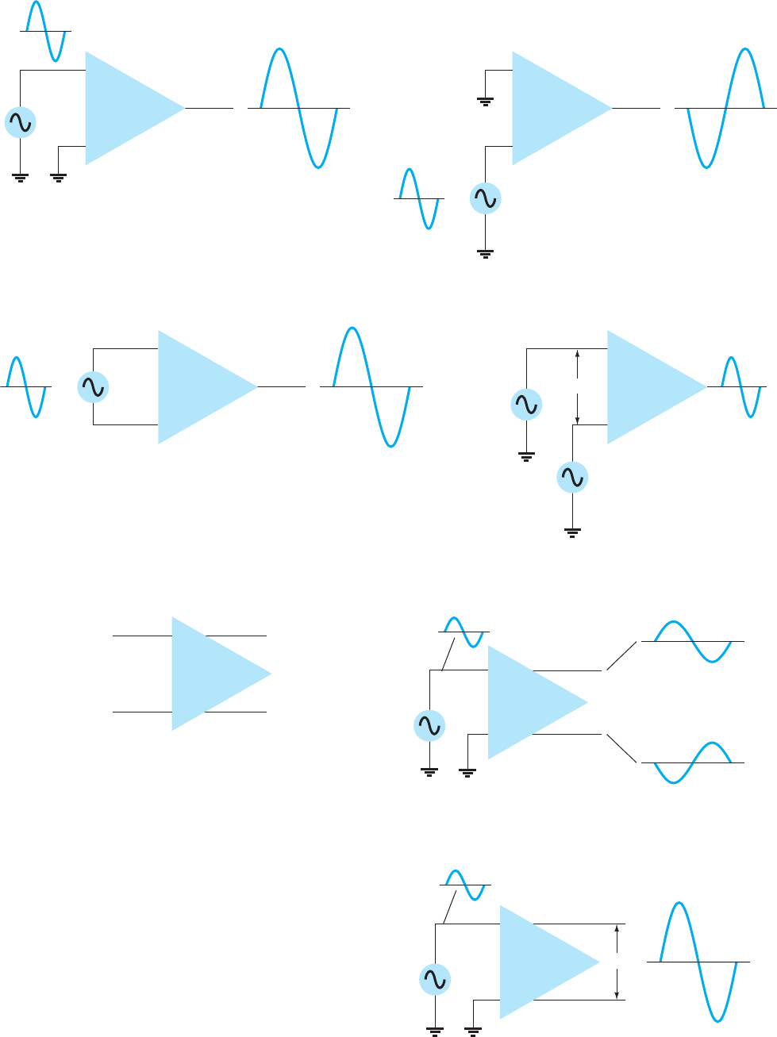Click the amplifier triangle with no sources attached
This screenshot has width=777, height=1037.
click(x=214, y=674)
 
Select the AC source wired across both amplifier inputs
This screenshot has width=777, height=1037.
click(x=93, y=387)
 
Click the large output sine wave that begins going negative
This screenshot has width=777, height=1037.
click(x=725, y=108)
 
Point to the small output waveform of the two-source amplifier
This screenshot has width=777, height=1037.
click(x=740, y=387)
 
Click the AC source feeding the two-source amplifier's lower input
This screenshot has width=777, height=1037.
click(x=572, y=477)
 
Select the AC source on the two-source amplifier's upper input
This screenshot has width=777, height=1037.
click(x=526, y=405)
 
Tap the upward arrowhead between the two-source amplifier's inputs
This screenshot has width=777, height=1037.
click(x=578, y=355)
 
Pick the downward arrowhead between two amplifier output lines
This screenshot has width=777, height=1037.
click(x=617, y=994)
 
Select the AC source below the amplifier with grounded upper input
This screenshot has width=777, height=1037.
click(x=485, y=198)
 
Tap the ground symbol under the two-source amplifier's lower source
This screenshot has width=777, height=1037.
click(x=571, y=532)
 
